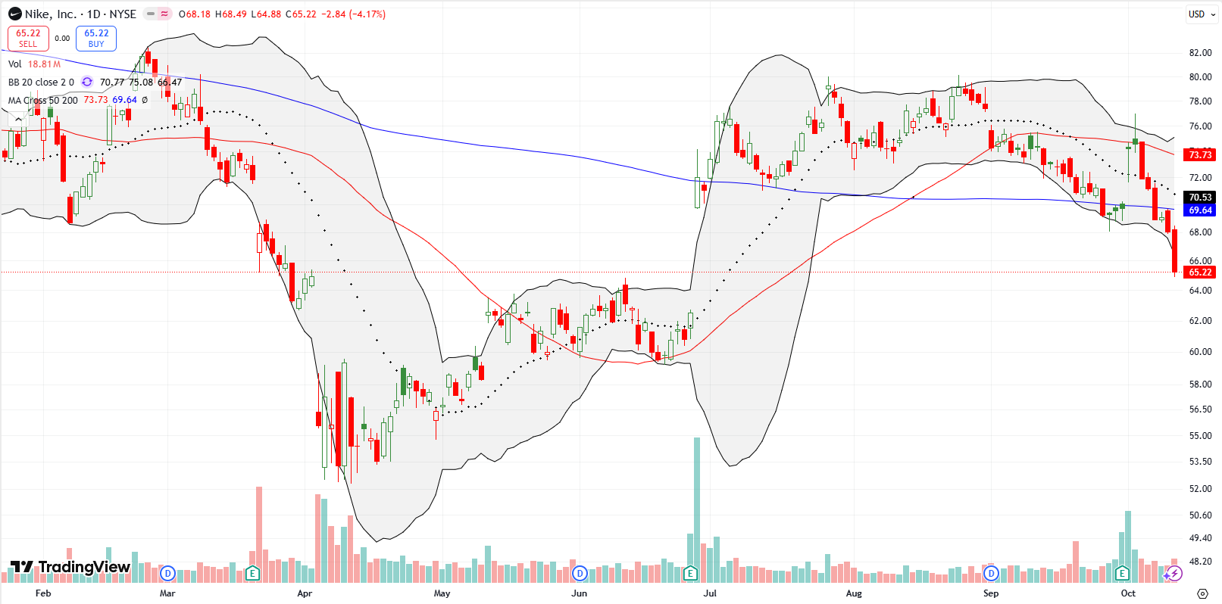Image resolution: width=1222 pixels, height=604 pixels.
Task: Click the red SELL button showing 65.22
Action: point(28,38)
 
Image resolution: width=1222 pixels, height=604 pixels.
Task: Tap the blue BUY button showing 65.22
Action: point(96,38)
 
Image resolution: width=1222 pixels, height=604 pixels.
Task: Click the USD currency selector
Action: point(1196,14)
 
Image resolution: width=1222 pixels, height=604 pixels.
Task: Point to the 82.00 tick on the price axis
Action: point(1200,53)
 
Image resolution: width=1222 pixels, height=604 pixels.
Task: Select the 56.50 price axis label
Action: point(1200,409)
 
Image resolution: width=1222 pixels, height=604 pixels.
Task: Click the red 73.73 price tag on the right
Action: point(1200,154)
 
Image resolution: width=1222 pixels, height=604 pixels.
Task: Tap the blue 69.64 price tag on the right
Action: point(1200,210)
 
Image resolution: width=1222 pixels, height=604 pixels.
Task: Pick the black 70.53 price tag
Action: point(1200,198)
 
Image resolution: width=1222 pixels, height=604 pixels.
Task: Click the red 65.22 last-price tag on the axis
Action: point(1200,272)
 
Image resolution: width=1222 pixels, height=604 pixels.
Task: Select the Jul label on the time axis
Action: point(710,593)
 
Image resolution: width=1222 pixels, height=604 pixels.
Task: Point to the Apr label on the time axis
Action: point(305,593)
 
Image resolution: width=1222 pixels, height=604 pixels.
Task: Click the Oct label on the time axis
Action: point(1128,593)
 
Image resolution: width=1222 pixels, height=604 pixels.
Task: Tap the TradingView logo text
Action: point(84,567)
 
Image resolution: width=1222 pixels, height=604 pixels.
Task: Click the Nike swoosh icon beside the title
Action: point(14,14)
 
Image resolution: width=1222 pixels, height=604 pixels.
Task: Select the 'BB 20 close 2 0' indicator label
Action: point(41,83)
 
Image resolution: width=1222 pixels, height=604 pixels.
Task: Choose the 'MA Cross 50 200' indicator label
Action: point(42,100)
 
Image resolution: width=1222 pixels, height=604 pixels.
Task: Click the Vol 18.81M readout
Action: point(34,64)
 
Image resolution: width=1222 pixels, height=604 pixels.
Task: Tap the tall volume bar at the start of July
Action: point(697,507)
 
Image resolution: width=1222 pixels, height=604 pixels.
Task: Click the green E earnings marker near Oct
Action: point(1122,573)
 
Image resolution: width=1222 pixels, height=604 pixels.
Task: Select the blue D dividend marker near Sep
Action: point(991,573)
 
